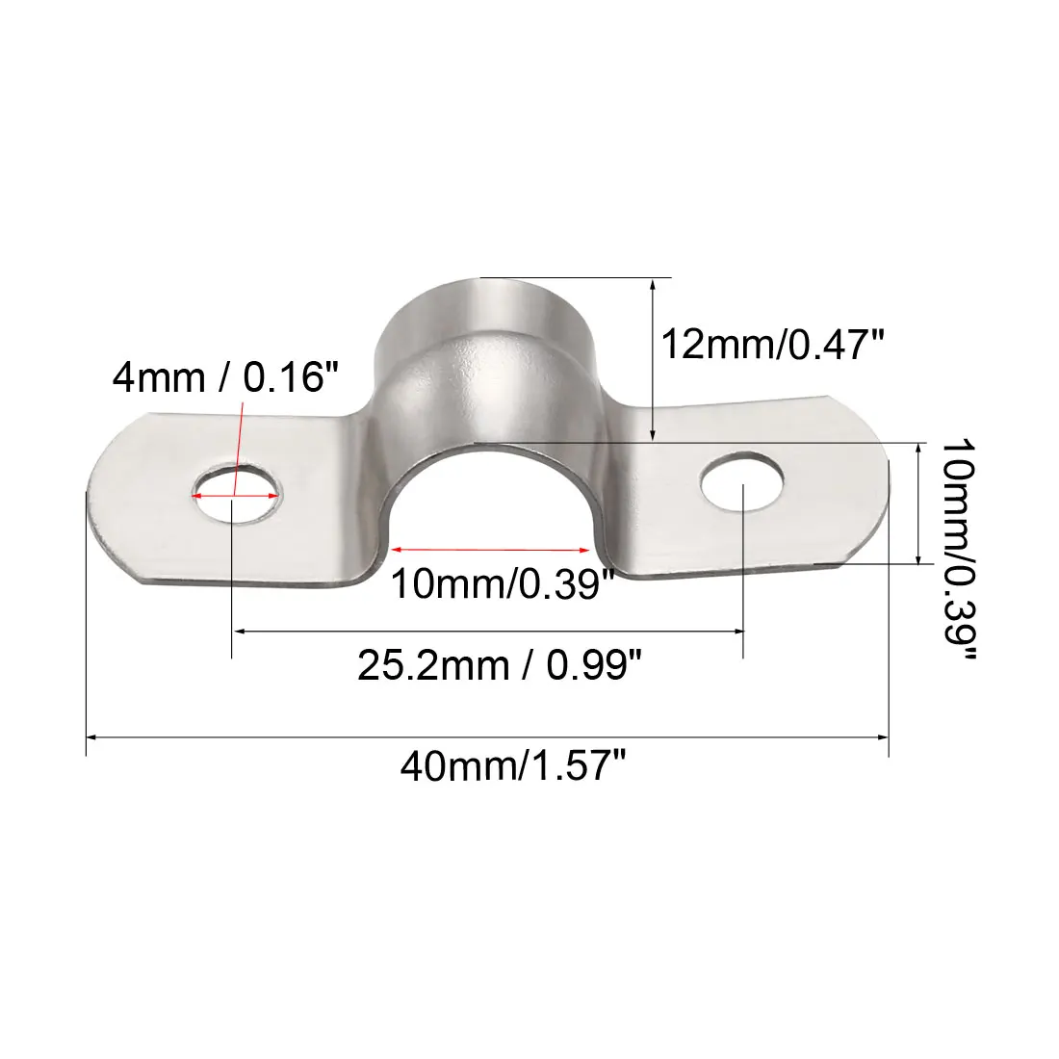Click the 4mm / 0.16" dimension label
pyautogui.click(x=226, y=376)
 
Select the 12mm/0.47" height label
pyautogui.click(x=771, y=342)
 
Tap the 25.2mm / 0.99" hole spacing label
pyautogui.click(x=499, y=664)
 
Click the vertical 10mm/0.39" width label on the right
pyautogui.click(x=958, y=551)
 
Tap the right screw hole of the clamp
pyautogui.click(x=741, y=480)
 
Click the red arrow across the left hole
pyautogui.click(x=237, y=495)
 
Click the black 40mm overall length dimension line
pyautogui.click(x=486, y=737)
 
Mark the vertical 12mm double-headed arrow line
pyautogui.click(x=654, y=361)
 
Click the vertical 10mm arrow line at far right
pyautogui.click(x=921, y=503)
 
